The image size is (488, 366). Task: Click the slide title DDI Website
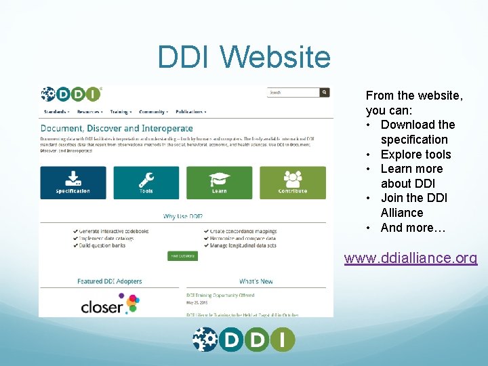(x=244, y=57)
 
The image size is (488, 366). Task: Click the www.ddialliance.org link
(x=410, y=258)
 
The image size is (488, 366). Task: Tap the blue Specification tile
(x=73, y=182)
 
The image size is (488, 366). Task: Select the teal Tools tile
(x=146, y=182)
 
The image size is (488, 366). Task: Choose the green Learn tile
(x=219, y=182)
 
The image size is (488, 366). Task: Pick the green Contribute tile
(x=292, y=182)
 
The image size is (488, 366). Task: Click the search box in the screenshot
(x=293, y=92)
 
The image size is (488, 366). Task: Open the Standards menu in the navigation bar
(x=56, y=112)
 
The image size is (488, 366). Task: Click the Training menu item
(x=120, y=112)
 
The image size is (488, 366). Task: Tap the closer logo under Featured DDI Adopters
(x=109, y=304)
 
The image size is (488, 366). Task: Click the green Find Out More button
(x=182, y=256)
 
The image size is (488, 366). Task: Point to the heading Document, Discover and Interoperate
(x=117, y=128)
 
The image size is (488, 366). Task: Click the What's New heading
(x=256, y=281)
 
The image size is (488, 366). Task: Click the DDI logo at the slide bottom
(x=244, y=339)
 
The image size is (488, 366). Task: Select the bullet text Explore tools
(x=415, y=154)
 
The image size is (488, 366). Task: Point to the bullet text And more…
(x=413, y=228)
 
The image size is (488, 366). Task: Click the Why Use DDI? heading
(x=183, y=217)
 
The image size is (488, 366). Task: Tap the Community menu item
(x=153, y=112)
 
